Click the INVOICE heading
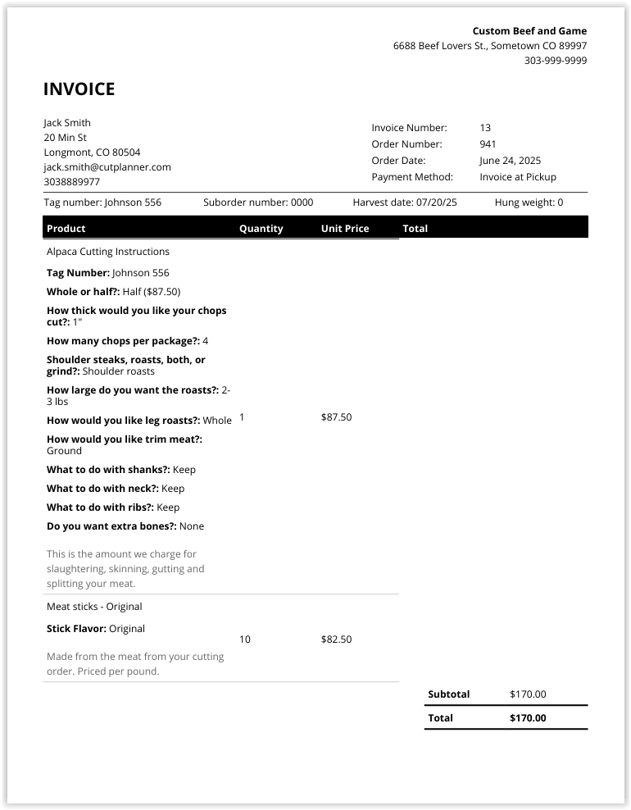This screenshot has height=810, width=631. pos(79,89)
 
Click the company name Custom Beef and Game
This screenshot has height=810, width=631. pos(529,31)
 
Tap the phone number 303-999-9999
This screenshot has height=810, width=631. pos(555,61)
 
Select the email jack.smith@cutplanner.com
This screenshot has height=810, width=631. pos(107,167)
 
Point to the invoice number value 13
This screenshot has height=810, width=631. pos(485,128)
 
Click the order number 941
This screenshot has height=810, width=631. pos(488,144)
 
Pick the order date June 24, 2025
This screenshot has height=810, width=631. pos(510,161)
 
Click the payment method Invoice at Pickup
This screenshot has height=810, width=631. pos(517,177)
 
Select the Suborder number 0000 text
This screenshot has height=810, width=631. pos(258,202)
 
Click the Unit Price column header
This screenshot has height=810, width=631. pos(345,229)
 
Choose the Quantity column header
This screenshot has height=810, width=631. pos(261,229)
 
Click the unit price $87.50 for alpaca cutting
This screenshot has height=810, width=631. pos(336,417)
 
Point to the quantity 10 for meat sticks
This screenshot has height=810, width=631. pos(245,639)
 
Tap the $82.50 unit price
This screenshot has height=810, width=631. pos(336,639)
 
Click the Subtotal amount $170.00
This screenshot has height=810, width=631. pos(527,694)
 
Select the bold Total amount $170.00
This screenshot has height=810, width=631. pos(527,718)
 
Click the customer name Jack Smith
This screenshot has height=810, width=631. pos(67,123)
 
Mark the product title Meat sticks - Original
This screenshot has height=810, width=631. pos(94,607)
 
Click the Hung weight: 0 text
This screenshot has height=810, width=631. pos(529,202)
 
